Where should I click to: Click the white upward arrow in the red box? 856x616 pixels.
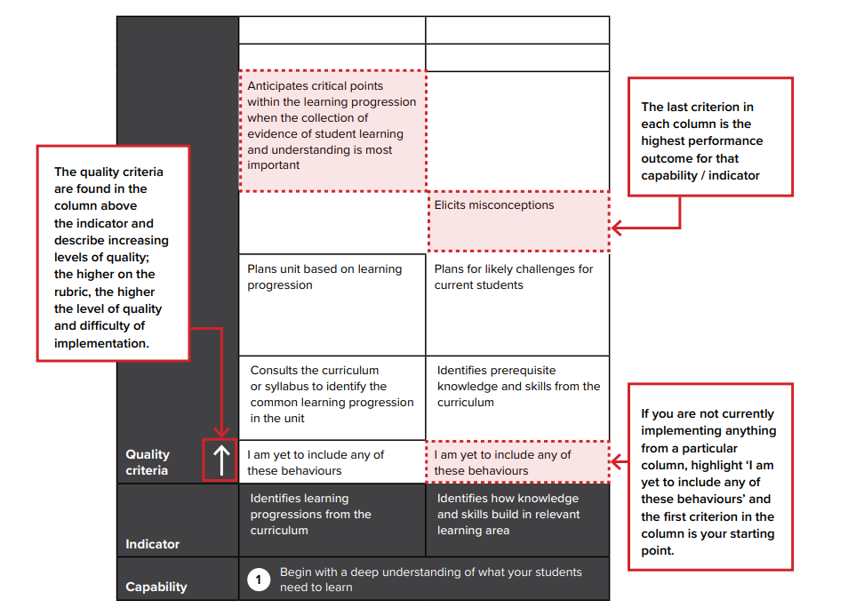[220, 460]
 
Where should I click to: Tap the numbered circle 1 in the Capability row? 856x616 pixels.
[259, 580]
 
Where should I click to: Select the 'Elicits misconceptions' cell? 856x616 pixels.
[518, 220]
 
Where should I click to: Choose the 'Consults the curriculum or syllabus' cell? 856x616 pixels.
[332, 395]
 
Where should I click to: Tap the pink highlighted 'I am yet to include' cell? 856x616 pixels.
[518, 462]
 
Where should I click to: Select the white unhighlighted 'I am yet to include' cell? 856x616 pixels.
[332, 462]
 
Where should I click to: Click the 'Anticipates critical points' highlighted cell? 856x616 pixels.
[332, 131]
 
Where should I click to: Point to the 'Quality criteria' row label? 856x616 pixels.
[148, 462]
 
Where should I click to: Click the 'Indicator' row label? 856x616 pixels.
[152, 544]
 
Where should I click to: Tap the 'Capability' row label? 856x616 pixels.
[156, 587]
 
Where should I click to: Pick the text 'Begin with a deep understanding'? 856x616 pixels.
[430, 580]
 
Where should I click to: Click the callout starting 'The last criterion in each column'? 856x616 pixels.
[709, 140]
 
